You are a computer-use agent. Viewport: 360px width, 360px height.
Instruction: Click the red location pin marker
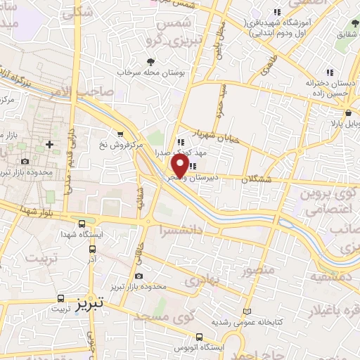point(180,166)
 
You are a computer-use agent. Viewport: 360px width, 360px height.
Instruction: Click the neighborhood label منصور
point(256,270)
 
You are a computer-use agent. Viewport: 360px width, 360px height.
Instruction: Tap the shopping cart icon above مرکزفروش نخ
point(120,134)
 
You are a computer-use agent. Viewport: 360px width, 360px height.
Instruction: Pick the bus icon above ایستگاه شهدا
point(82,222)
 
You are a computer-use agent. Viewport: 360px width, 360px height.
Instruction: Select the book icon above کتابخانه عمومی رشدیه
point(246,311)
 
